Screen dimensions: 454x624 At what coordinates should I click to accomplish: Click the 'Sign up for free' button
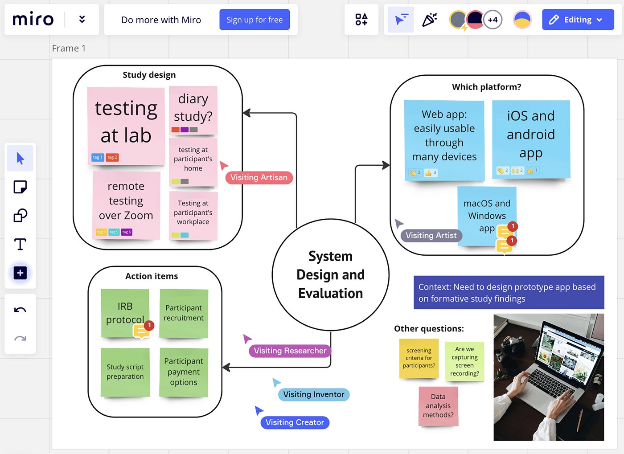[254, 20]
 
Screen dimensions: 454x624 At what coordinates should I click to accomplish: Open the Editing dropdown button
[578, 20]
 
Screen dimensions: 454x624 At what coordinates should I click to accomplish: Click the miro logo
[33, 20]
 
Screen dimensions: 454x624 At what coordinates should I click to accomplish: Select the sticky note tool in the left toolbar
[20, 187]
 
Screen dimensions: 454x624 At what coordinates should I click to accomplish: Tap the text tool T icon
[20, 244]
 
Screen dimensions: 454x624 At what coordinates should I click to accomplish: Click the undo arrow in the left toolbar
[20, 310]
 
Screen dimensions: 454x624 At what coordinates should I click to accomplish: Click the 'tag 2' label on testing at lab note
[112, 157]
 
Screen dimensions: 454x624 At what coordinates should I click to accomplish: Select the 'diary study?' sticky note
[193, 107]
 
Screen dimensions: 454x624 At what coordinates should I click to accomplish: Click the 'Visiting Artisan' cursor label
[259, 177]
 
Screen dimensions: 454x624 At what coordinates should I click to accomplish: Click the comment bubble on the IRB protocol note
[141, 331]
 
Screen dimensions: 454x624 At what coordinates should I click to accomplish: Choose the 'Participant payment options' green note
[183, 372]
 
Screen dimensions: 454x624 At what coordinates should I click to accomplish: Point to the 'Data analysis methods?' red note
[438, 406]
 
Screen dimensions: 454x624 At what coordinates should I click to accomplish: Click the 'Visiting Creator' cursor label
[295, 422]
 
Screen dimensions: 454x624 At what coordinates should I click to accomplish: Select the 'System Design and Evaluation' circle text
[330, 274]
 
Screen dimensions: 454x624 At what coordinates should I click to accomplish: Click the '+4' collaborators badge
[493, 20]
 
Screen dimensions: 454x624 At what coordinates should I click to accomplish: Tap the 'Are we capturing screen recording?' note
[464, 361]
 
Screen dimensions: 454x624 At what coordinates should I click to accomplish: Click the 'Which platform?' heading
[486, 87]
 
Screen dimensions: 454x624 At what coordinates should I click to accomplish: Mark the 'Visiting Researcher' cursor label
[290, 351]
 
